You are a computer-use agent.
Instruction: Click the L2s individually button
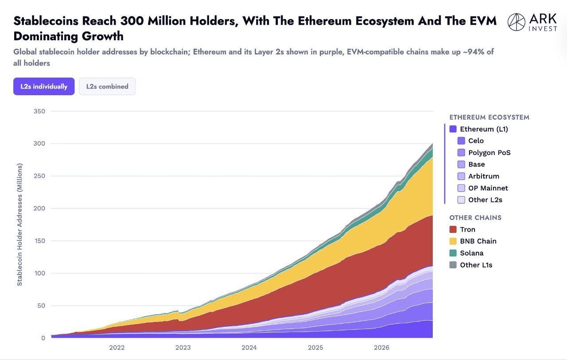(x=44, y=86)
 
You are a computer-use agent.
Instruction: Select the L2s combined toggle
(x=107, y=86)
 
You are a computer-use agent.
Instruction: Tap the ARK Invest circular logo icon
(x=517, y=22)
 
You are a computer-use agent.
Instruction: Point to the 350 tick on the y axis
(x=39, y=111)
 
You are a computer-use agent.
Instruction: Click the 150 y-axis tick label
(x=39, y=241)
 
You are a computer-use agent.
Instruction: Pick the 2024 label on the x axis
(x=249, y=348)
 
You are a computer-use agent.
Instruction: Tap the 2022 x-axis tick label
(x=117, y=348)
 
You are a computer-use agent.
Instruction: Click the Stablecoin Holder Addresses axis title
(x=19, y=225)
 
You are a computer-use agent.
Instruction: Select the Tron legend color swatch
(x=453, y=229)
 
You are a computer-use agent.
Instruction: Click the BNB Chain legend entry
(x=473, y=241)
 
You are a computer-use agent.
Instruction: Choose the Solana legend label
(x=472, y=253)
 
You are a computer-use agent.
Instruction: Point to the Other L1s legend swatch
(x=453, y=265)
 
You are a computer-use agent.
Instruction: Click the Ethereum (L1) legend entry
(x=479, y=129)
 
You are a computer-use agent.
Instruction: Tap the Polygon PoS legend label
(x=489, y=153)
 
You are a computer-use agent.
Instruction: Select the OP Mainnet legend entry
(x=483, y=188)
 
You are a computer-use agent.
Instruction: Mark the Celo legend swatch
(x=461, y=141)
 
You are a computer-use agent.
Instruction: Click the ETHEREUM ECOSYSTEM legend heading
(x=489, y=117)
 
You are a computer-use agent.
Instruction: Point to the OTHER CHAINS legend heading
(x=475, y=218)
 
